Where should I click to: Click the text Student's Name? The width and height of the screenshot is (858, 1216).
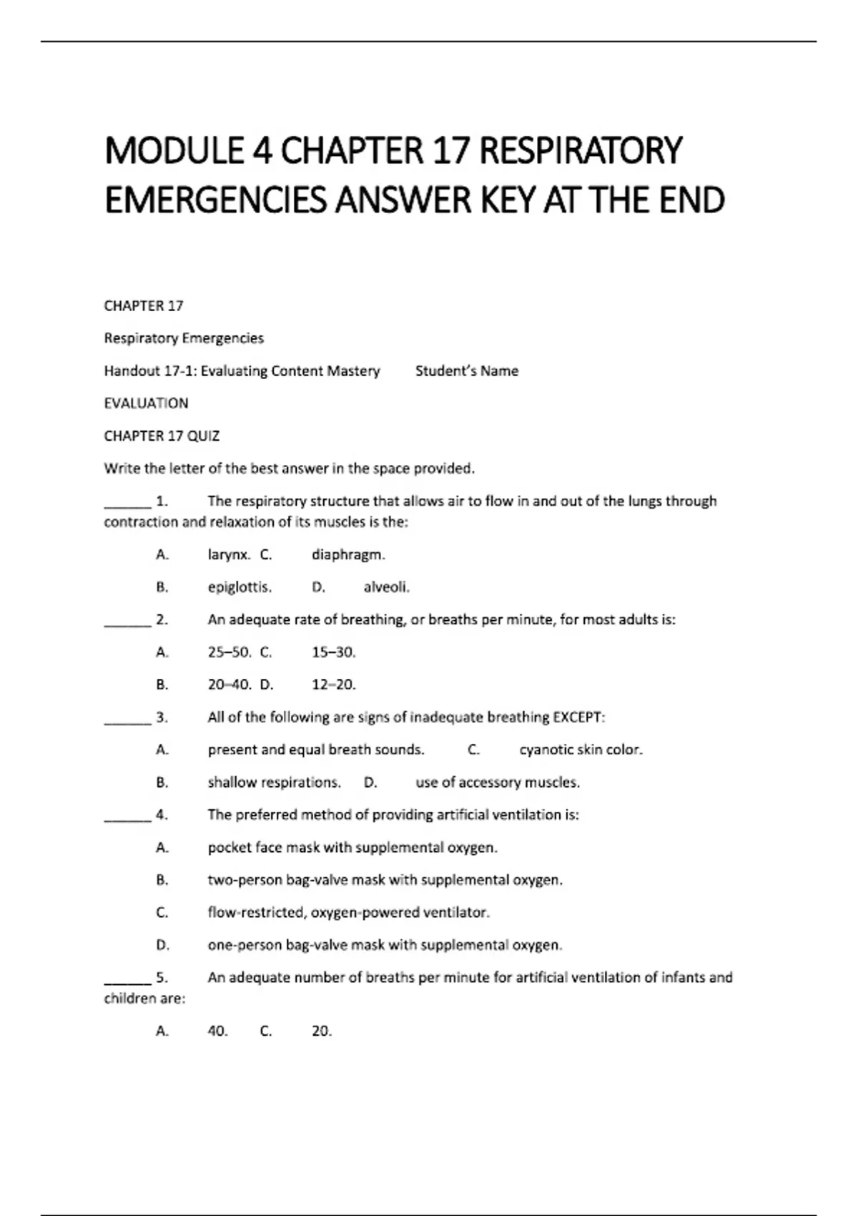(x=466, y=371)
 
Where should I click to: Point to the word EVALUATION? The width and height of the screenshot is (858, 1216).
(x=146, y=403)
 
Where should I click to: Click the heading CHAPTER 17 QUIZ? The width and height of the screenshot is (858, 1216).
(x=162, y=436)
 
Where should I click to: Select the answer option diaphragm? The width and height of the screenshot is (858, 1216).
(x=348, y=554)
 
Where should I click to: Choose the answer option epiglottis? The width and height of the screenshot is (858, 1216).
(x=240, y=587)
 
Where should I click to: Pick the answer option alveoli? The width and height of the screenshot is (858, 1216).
(x=386, y=587)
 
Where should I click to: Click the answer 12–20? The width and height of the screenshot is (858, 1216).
(x=333, y=685)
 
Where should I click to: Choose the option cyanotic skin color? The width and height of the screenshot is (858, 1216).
(x=581, y=750)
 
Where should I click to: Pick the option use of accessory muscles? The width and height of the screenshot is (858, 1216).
(x=497, y=783)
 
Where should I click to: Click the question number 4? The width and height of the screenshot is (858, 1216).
(x=162, y=815)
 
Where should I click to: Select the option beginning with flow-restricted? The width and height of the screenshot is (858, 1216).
(x=348, y=913)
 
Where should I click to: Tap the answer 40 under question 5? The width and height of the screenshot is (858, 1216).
(x=217, y=1031)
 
